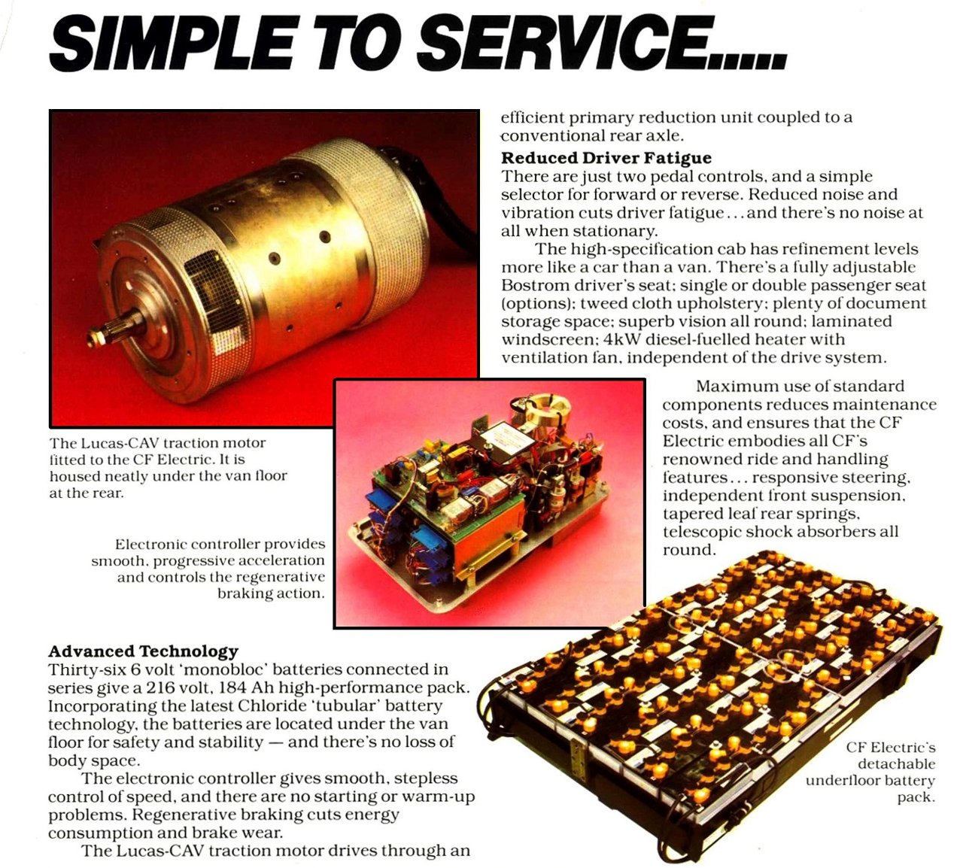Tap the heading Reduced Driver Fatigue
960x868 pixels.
pos(606,157)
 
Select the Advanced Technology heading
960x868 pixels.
pos(143,651)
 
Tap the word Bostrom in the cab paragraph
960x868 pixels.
pos(535,285)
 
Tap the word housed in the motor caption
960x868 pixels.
pos(71,476)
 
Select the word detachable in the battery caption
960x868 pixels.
pos(896,764)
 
